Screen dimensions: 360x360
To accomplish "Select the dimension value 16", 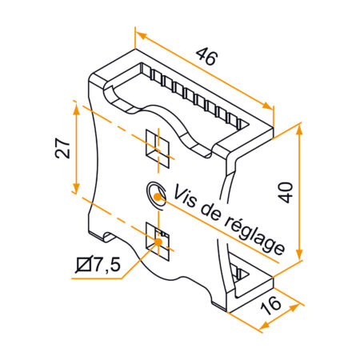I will [x=270, y=303].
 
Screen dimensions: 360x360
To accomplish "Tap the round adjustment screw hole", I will [x=155, y=191].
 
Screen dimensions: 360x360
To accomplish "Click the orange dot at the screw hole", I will [x=158, y=194].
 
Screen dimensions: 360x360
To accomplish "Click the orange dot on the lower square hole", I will [x=159, y=241].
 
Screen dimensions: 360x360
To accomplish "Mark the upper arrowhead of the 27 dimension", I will [x=77, y=108].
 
